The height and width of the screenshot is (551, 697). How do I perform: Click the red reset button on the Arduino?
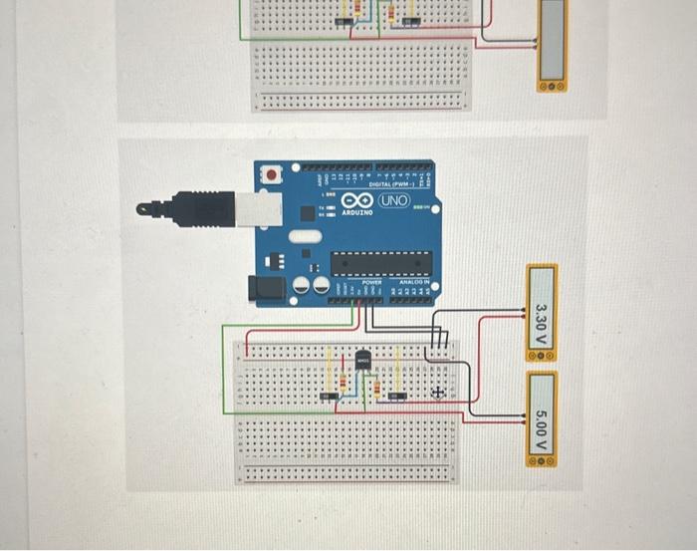tap(271, 175)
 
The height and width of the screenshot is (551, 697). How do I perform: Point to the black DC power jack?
tap(266, 287)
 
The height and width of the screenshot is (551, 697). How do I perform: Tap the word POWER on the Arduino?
tap(372, 283)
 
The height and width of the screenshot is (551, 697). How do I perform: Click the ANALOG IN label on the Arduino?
tap(414, 283)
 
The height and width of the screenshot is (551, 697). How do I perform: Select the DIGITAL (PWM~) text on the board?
tap(390, 183)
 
